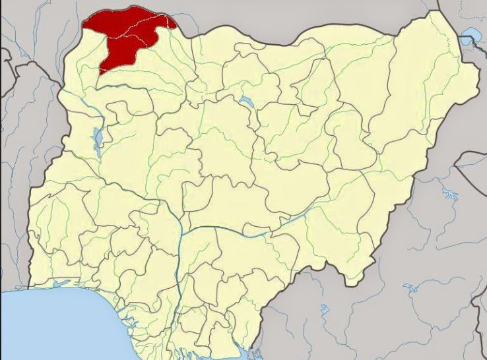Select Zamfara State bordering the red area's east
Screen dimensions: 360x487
click(x=158, y=79)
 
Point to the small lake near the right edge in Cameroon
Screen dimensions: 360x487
click(x=450, y=195)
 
